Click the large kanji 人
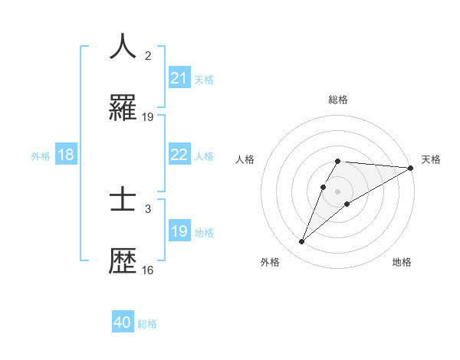(123, 47)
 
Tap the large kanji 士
(123, 200)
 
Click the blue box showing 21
(179, 78)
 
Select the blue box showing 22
(179, 155)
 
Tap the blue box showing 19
(179, 231)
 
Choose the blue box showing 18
(66, 155)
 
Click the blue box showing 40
(123, 322)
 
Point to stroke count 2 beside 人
(148, 56)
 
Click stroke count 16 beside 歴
(148, 270)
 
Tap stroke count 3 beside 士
(148, 208)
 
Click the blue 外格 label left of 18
(41, 155)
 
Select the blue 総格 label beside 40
(147, 323)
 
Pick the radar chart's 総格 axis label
(337, 100)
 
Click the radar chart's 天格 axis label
(431, 159)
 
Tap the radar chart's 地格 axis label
(402, 262)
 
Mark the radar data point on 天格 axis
(411, 168)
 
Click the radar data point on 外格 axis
(301, 242)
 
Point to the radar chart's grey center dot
(337, 191)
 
